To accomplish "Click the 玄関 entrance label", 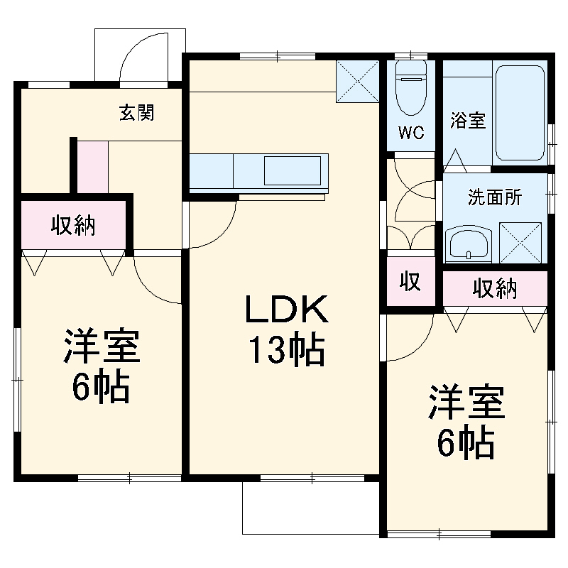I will click(136, 112).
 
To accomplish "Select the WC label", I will click(411, 133).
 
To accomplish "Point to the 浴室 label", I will click(468, 120).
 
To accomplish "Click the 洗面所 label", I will click(494, 197).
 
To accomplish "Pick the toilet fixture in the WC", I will click(410, 89).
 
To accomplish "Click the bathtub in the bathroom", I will click(521, 114).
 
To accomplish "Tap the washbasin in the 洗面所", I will click(467, 244).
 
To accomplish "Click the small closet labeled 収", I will click(410, 282).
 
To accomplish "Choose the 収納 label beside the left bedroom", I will click(73, 227).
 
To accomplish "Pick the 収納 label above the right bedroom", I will click(496, 288).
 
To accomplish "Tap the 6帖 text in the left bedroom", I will click(99, 388).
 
